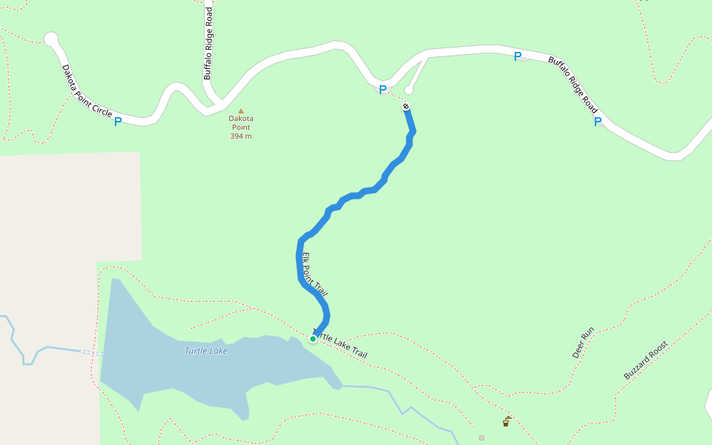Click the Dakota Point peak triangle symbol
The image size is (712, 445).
pyautogui.click(x=240, y=111)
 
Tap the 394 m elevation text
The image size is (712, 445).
pyautogui.click(x=240, y=136)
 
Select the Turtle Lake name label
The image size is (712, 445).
pyautogui.click(x=206, y=351)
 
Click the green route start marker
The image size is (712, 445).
pyautogui.click(x=313, y=339)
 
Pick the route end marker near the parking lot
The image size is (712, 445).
pyautogui.click(x=406, y=106)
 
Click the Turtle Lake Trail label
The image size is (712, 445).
pyautogui.click(x=340, y=344)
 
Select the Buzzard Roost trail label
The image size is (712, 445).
pyautogui.click(x=645, y=360)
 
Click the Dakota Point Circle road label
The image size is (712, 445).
pyautogui.click(x=87, y=91)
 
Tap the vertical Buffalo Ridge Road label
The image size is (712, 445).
pyautogui.click(x=208, y=41)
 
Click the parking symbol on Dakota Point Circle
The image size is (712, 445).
pyautogui.click(x=118, y=122)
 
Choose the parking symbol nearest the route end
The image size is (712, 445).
pyautogui.click(x=383, y=90)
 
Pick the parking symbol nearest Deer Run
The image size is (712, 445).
pyautogui.click(x=597, y=122)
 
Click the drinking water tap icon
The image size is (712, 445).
pyautogui.click(x=507, y=422)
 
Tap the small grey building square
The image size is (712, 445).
pyautogui.click(x=481, y=438)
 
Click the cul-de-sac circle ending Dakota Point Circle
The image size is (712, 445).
pyautogui.click(x=50, y=39)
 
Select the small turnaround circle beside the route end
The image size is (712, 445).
pyautogui.click(x=409, y=90)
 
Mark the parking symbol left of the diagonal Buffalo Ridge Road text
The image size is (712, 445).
pyautogui.click(x=518, y=56)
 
